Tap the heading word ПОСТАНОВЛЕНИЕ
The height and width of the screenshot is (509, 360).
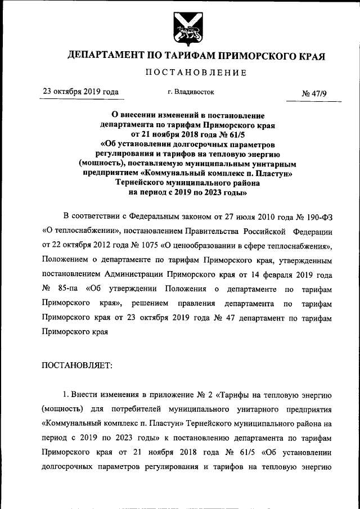point(196,72)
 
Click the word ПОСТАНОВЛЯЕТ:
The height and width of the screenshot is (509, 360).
point(77,366)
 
